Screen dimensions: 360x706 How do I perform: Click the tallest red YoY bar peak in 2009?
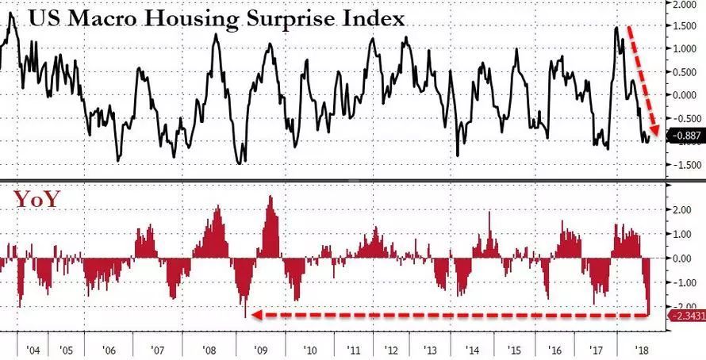click(270, 197)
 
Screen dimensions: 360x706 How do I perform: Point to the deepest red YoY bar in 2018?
click(649, 312)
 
